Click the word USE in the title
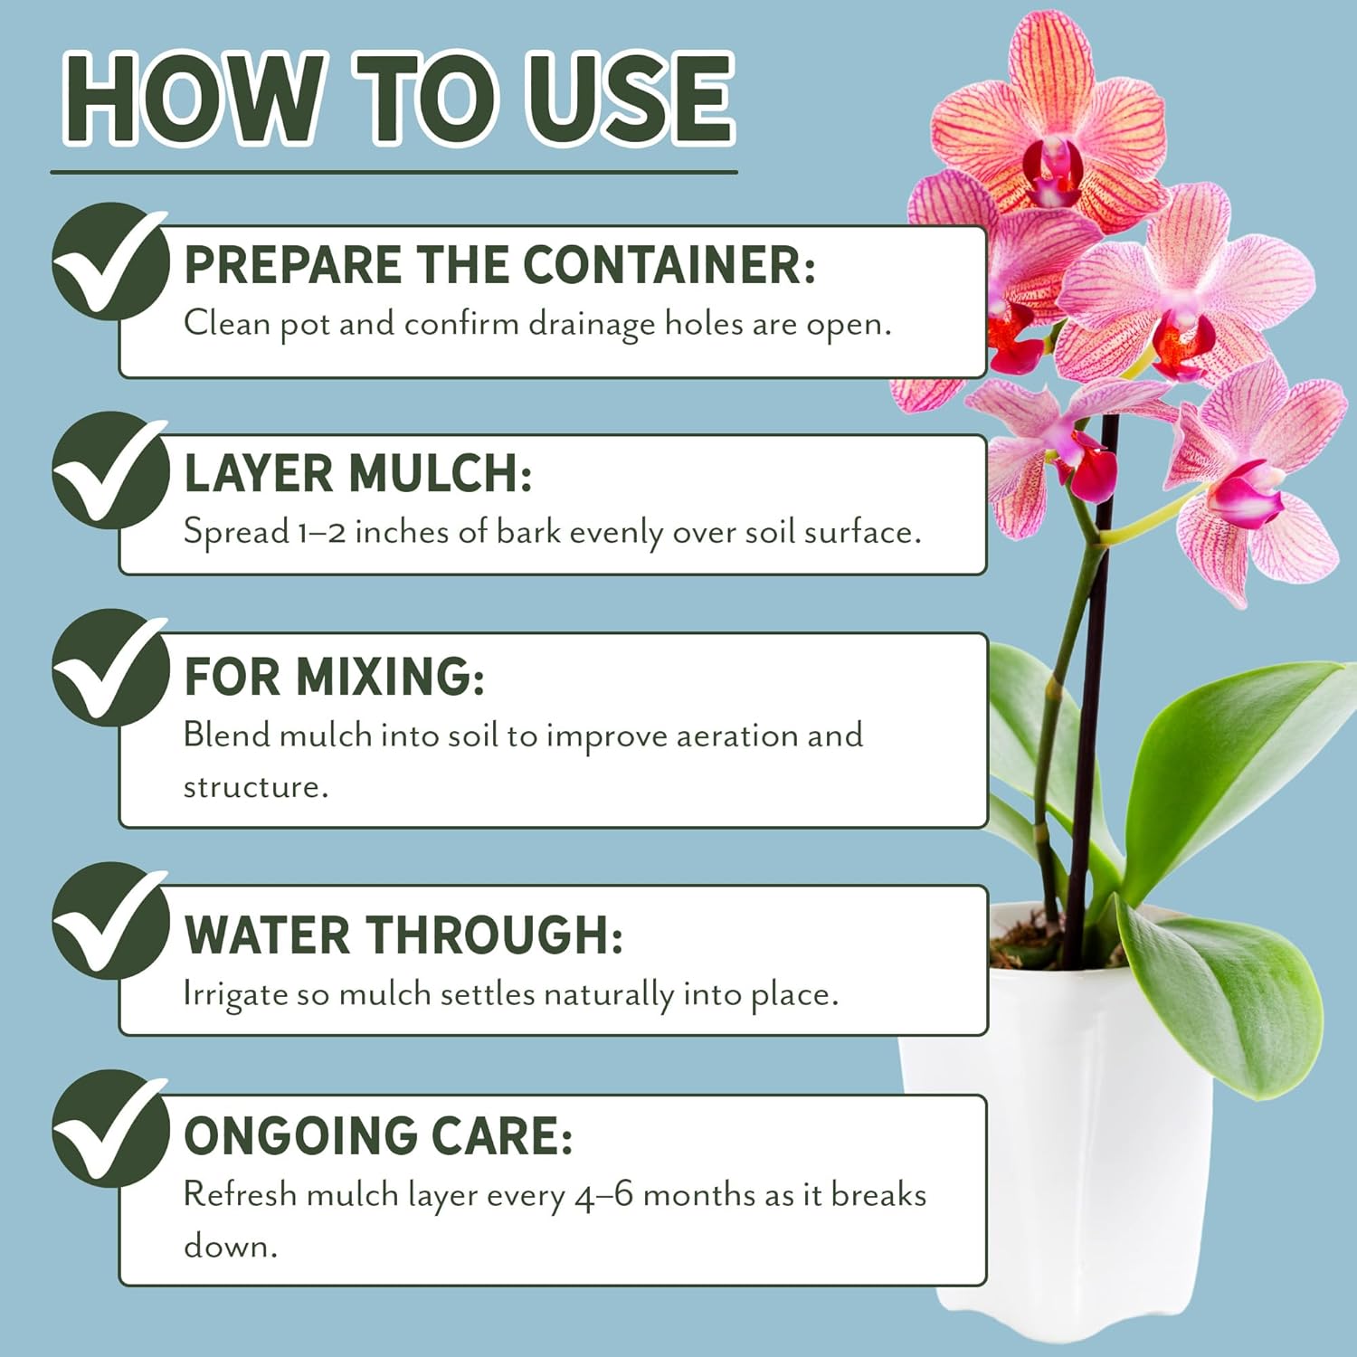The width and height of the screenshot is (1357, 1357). (630, 98)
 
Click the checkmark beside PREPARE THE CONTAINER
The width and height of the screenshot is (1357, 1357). (109, 261)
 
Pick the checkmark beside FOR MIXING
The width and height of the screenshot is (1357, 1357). (109, 668)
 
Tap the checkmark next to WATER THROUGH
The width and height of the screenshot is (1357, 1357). (109, 921)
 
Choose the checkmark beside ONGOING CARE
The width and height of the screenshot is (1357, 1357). (109, 1129)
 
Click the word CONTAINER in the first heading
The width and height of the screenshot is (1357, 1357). (669, 264)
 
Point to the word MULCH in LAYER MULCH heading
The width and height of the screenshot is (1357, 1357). (440, 473)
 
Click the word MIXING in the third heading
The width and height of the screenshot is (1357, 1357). (390, 676)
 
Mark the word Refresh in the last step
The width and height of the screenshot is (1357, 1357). (240, 1194)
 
